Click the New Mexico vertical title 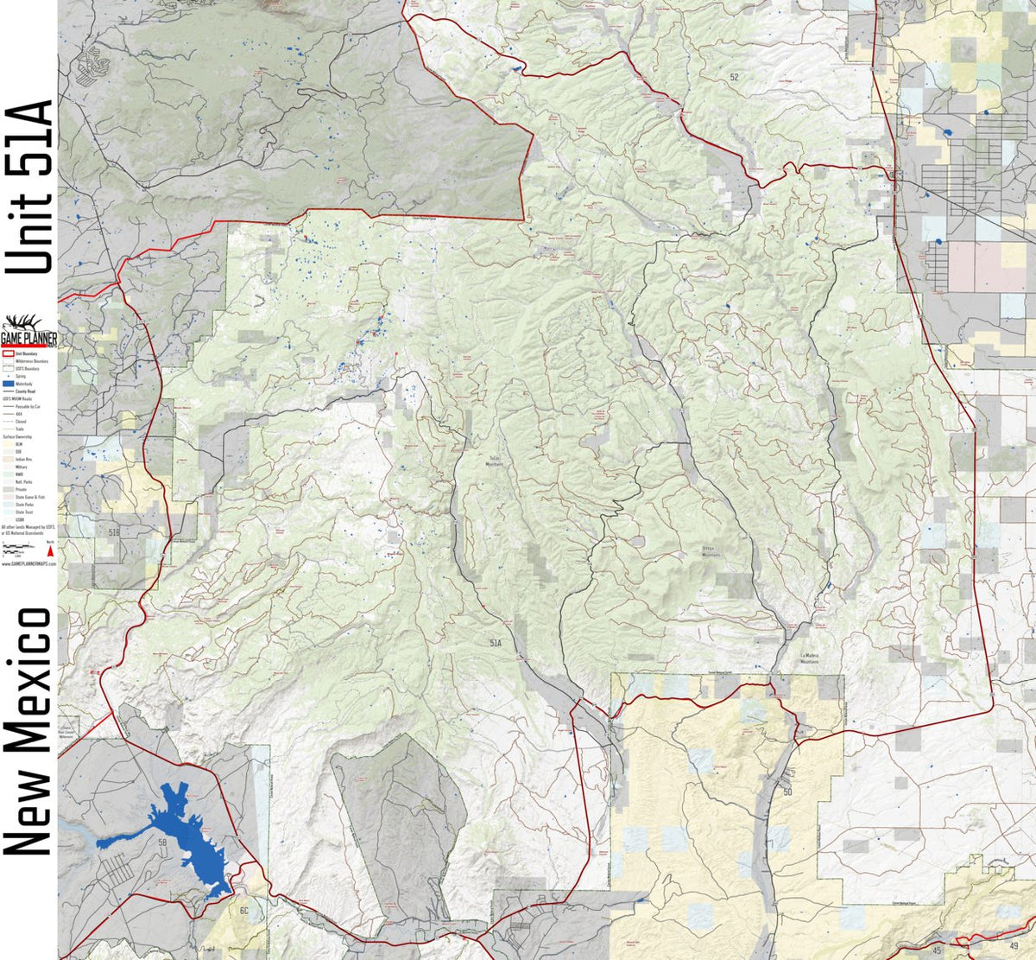coord(29,731)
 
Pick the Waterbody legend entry coord(22,384)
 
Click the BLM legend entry coord(17,444)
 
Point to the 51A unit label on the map coord(496,644)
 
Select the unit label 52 coord(734,77)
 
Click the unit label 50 coord(787,791)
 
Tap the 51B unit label coord(115,531)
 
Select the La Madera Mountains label coord(809,658)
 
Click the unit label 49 coord(988,949)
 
